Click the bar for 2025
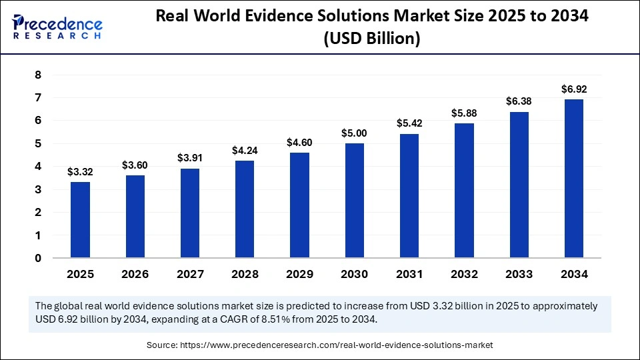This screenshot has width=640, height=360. click(x=80, y=220)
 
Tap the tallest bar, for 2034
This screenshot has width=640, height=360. click(x=573, y=179)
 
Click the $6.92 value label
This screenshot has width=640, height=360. click(x=573, y=89)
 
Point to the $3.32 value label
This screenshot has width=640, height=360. click(x=80, y=172)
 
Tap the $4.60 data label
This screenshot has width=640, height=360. click(x=299, y=143)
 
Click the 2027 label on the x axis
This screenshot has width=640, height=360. click(x=189, y=274)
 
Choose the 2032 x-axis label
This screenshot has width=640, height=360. click(x=464, y=274)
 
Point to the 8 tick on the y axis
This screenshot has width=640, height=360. click(x=38, y=75)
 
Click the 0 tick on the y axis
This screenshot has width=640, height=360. click(x=38, y=258)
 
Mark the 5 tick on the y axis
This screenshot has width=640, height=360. click(x=38, y=143)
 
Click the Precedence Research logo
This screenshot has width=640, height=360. click(x=56, y=27)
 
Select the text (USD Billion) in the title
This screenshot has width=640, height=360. click(x=371, y=39)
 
